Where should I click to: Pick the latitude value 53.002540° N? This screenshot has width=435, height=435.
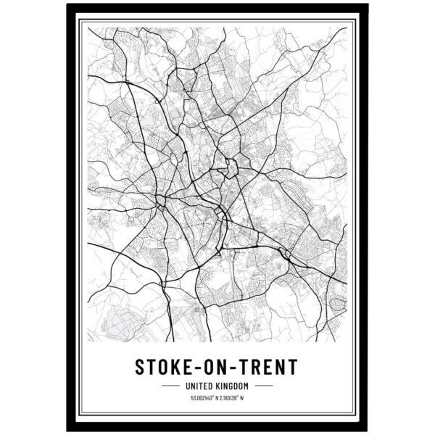(x=203, y=398)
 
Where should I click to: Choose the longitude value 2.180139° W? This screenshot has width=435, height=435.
(x=235, y=398)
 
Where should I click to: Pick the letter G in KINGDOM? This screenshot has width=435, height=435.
(x=232, y=385)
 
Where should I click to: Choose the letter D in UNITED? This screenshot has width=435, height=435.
(x=212, y=385)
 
